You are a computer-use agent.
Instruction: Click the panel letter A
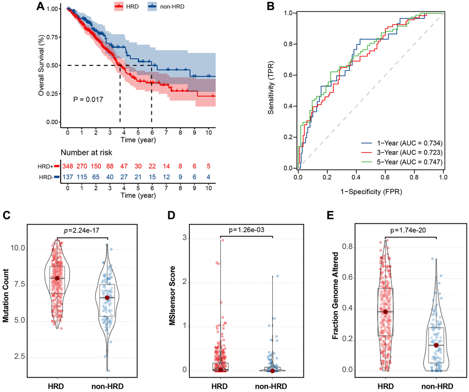point(40,6)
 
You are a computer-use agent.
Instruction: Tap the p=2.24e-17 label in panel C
point(82,231)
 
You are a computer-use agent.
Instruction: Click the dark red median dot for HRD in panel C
point(57,278)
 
